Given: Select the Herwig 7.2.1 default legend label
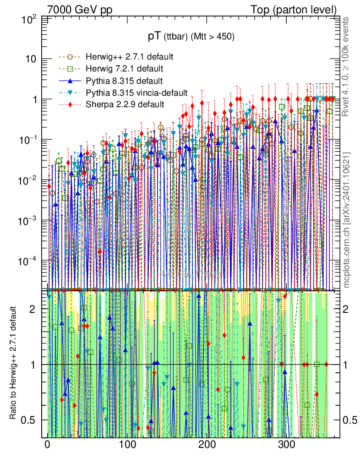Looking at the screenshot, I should point(125,69).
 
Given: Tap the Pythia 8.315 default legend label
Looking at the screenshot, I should point(124,81).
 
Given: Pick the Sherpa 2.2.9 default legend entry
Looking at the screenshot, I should point(125,104).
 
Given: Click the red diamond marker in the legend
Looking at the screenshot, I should point(70,104).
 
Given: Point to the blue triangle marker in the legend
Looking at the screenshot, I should point(70,81).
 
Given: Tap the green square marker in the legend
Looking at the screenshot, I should point(70,69).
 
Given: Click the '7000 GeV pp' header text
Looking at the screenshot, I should point(80,10).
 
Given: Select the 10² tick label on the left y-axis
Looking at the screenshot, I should point(30,20).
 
